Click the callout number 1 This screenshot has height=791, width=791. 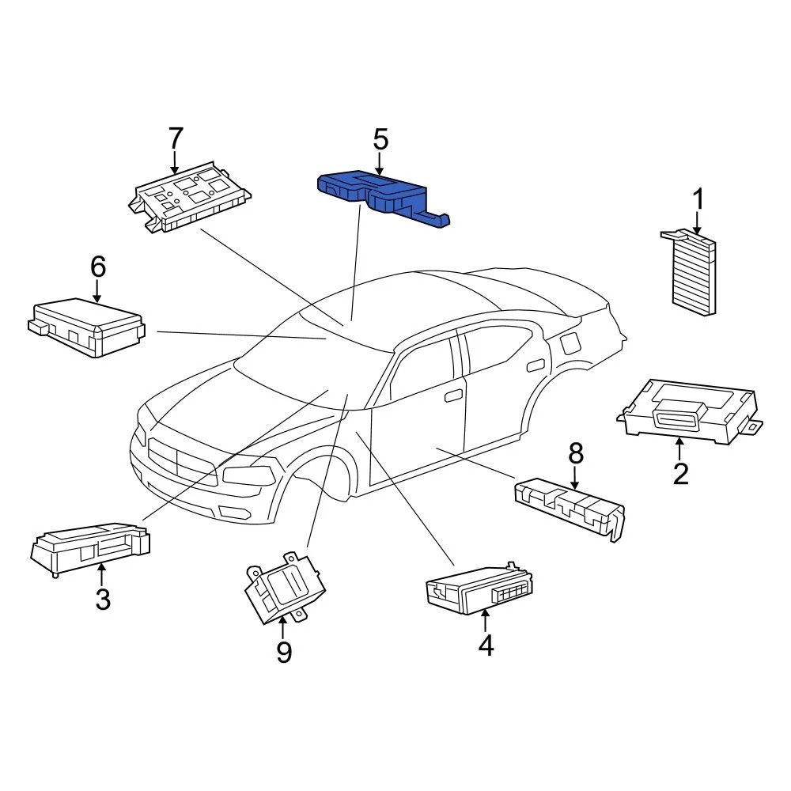coord(698,200)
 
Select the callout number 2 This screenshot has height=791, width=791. coord(680,474)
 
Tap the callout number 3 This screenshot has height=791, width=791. coord(103,600)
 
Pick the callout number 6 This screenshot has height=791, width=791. coord(97,267)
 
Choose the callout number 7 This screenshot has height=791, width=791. coord(175,138)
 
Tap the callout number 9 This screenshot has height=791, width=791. coord(283,652)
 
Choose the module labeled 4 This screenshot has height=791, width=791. coord(479,589)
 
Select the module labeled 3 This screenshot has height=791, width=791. coord(89,545)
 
